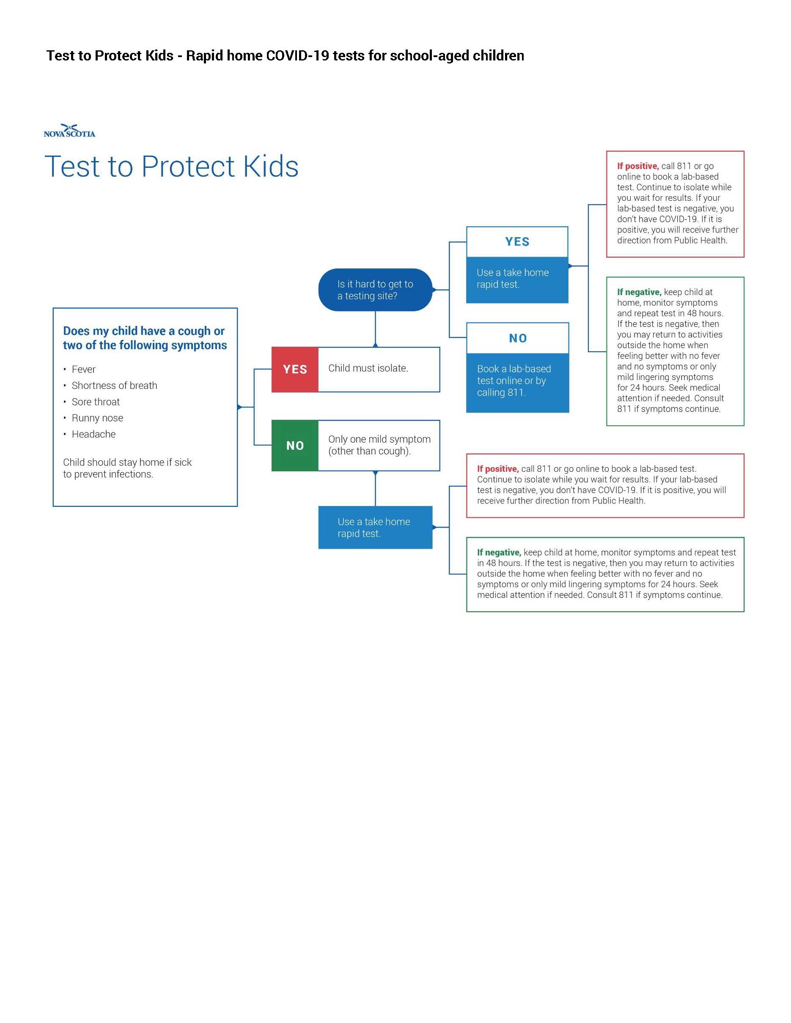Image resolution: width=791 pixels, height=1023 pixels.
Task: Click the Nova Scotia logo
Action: [69, 131]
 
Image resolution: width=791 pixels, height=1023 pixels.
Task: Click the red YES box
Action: [295, 369]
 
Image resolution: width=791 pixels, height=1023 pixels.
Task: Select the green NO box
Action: [295, 445]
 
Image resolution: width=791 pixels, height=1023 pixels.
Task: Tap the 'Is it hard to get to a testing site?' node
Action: [375, 290]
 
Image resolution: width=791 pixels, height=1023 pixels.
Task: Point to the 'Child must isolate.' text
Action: [368, 368]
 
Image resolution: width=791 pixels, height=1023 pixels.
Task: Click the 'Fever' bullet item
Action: [83, 369]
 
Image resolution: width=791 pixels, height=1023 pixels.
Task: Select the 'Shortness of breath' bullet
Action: [114, 386]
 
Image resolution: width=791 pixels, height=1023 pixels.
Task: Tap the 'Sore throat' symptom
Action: [96, 402]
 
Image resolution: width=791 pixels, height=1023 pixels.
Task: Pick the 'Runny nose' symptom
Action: [97, 418]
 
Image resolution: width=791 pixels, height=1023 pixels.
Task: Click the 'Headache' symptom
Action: [94, 434]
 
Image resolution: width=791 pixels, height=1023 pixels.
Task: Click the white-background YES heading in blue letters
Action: [517, 242]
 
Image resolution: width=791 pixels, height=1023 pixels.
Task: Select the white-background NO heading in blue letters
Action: [518, 338]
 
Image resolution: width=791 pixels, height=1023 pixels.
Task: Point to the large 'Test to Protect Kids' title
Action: [171, 166]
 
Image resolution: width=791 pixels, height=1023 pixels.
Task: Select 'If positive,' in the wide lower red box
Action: [498, 469]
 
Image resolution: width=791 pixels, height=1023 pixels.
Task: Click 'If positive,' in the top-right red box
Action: [638, 166]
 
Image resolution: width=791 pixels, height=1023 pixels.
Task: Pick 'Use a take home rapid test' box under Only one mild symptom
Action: [375, 528]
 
